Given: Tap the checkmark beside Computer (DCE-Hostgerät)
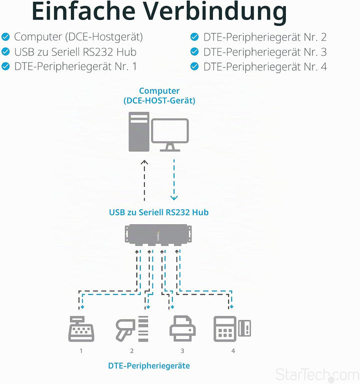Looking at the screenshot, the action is [x=5, y=37].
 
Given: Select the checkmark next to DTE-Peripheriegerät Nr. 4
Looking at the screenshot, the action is [x=194, y=66].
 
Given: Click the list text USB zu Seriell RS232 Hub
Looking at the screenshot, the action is [x=75, y=52].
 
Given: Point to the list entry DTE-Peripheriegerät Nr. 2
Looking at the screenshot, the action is [x=265, y=37].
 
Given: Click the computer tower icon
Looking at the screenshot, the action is [x=139, y=131].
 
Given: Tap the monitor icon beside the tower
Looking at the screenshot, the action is [x=170, y=135].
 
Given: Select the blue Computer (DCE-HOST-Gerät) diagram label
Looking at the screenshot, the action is [x=159, y=96].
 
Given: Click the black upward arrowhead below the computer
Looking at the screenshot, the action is [x=144, y=162].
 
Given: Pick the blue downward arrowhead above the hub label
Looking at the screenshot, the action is [x=174, y=198].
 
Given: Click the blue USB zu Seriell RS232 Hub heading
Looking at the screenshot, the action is [x=158, y=212].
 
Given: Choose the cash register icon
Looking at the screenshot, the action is [x=81, y=329].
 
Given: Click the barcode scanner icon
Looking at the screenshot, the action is [x=132, y=329].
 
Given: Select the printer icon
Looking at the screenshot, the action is [x=182, y=329].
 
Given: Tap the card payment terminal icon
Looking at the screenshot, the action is [x=232, y=329].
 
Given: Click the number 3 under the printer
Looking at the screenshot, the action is [x=182, y=351].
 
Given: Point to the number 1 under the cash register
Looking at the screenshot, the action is [x=81, y=351].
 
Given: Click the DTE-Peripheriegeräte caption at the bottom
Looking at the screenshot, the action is [x=149, y=366].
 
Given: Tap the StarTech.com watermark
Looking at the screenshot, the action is [x=317, y=375].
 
